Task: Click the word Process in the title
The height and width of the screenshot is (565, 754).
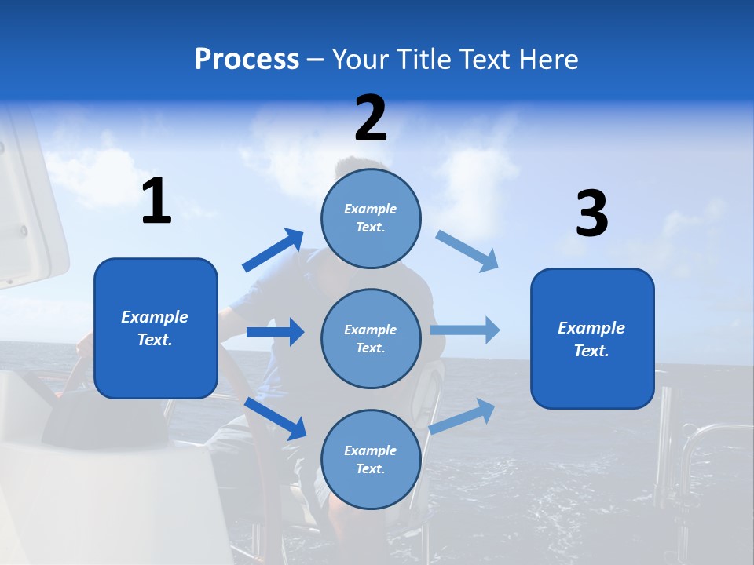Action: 247,60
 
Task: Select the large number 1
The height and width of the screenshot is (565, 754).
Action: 156,202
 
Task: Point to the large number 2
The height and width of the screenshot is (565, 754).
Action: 371,118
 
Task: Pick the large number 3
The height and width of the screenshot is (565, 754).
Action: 591,214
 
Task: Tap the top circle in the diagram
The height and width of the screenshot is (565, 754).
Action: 371,218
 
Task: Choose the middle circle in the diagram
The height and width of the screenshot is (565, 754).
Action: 371,338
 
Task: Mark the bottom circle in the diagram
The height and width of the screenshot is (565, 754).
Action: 371,459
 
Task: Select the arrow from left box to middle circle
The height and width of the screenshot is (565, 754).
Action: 275,332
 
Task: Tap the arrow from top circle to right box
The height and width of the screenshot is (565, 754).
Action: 467,251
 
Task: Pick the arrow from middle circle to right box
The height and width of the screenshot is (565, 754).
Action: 465,330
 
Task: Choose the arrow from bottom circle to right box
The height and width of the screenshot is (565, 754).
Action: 463,417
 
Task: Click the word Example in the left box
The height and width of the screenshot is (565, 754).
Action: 155,317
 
